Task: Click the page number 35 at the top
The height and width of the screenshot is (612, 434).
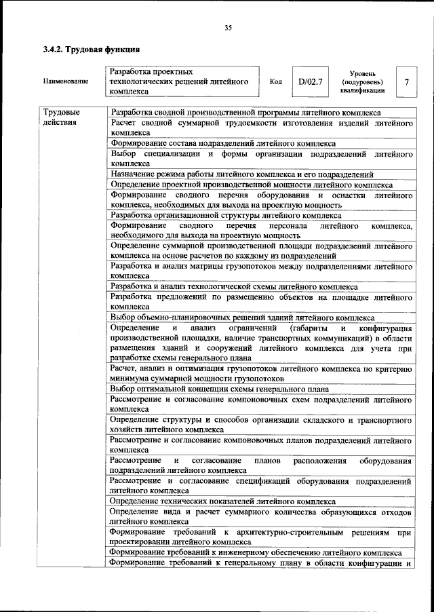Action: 228,28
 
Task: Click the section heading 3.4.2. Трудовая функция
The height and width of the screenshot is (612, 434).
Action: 91,50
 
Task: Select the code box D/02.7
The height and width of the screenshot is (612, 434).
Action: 309,82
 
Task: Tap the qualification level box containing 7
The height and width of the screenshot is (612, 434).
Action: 406,82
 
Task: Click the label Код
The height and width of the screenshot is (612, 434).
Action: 276,82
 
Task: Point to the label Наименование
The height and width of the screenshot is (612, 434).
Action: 65,82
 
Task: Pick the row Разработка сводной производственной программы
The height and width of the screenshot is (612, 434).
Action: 245,112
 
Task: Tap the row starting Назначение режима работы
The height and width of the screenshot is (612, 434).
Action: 242,174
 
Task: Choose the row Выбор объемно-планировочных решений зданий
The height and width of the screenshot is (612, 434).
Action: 241,317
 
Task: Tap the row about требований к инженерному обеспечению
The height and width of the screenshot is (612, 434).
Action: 246,552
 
